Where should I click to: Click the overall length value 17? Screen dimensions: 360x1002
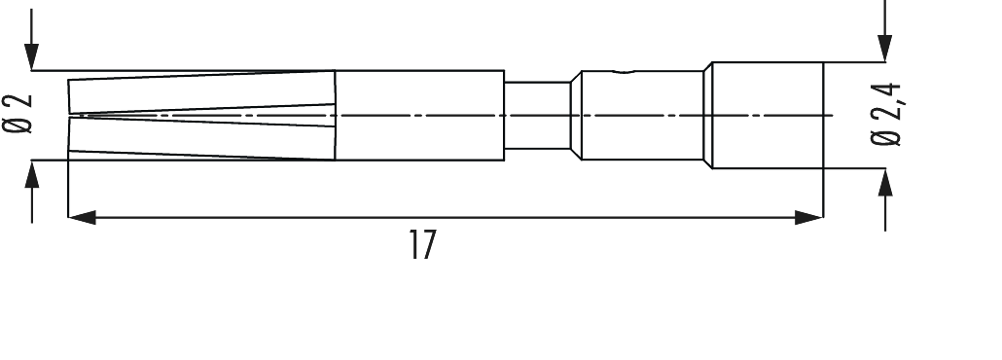(x=420, y=245)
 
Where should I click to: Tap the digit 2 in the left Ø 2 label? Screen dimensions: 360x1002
(x=17, y=100)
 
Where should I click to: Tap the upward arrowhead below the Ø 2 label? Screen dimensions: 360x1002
(x=34, y=174)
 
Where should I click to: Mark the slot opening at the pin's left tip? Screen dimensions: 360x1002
(x=73, y=117)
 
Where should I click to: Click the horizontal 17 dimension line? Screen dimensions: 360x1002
(x=584, y=218)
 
